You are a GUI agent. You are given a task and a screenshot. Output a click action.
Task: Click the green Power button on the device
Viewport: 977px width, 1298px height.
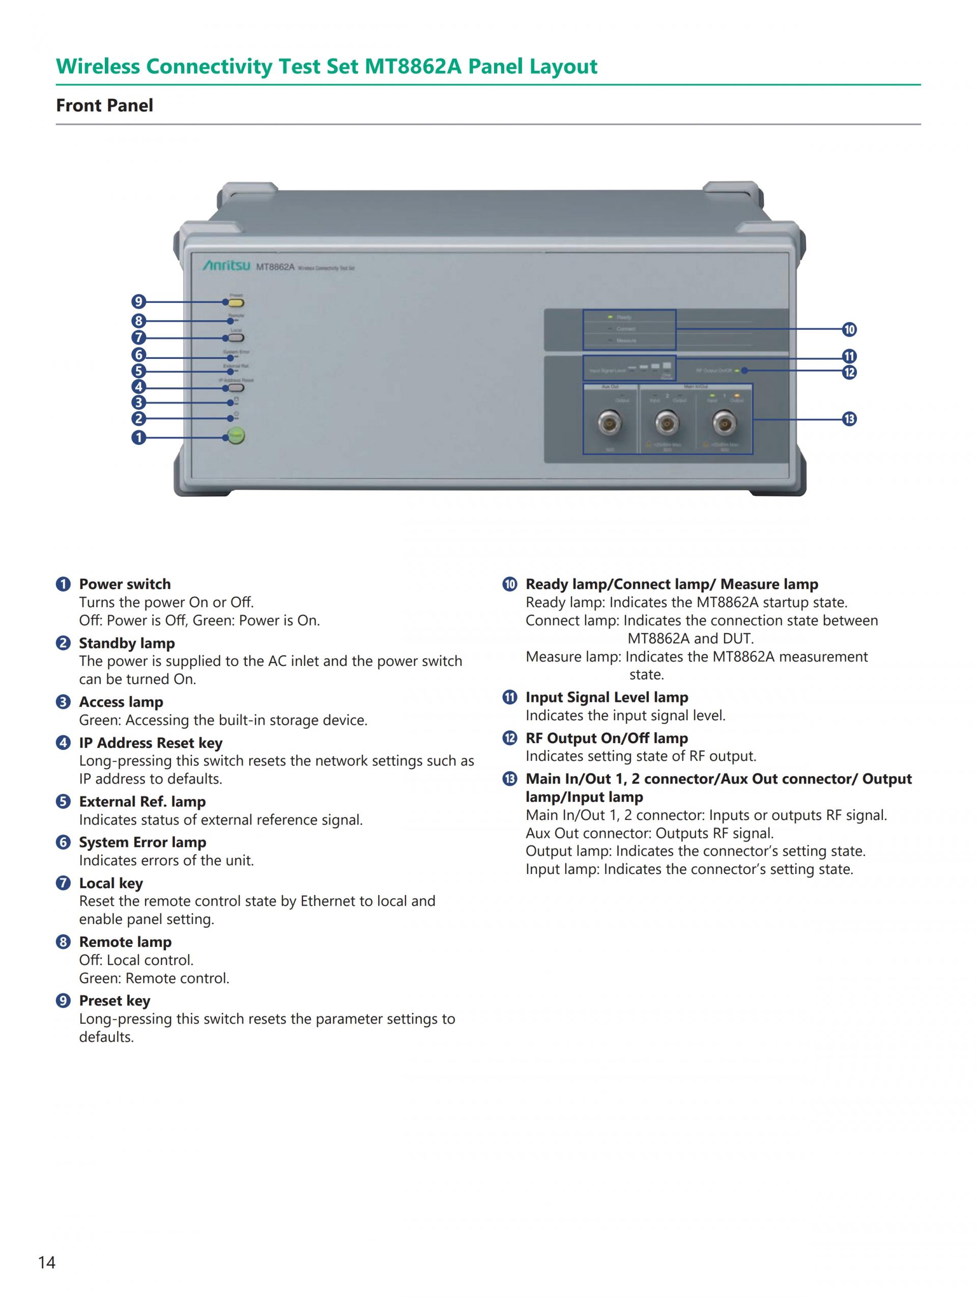point(236,436)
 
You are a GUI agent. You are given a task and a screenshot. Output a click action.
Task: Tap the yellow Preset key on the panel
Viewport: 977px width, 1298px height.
point(236,303)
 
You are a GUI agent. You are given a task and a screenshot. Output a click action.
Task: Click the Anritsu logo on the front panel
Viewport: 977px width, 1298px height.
point(226,266)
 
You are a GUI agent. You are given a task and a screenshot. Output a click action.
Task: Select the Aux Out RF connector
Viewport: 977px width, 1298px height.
point(609,422)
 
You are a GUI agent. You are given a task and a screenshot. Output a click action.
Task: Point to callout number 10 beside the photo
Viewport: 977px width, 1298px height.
point(849,330)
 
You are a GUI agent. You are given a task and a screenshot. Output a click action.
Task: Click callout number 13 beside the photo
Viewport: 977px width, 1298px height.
point(849,419)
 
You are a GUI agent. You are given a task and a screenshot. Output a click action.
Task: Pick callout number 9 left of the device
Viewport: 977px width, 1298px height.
point(138,302)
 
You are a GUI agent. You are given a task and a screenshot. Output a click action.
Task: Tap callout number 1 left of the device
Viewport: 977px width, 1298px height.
point(138,438)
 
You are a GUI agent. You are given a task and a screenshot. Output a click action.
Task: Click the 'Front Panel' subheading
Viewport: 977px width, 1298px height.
point(104,106)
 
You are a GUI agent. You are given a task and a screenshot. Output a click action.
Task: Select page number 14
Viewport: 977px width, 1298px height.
point(47,1262)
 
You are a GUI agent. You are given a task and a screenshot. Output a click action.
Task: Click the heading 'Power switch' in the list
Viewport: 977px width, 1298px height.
point(125,584)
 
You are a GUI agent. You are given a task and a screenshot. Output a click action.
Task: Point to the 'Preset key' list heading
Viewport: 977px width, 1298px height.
point(114,1001)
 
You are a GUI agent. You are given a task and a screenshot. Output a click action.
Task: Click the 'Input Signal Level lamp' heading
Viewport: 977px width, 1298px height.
point(607,697)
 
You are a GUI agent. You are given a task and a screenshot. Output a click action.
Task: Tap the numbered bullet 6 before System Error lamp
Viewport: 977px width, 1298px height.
point(63,842)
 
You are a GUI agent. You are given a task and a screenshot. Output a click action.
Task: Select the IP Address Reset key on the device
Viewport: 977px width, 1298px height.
point(236,388)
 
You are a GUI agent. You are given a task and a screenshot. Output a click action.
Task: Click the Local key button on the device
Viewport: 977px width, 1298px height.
point(236,338)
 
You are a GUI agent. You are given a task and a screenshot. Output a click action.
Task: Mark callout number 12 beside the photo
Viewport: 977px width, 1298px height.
point(849,373)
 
